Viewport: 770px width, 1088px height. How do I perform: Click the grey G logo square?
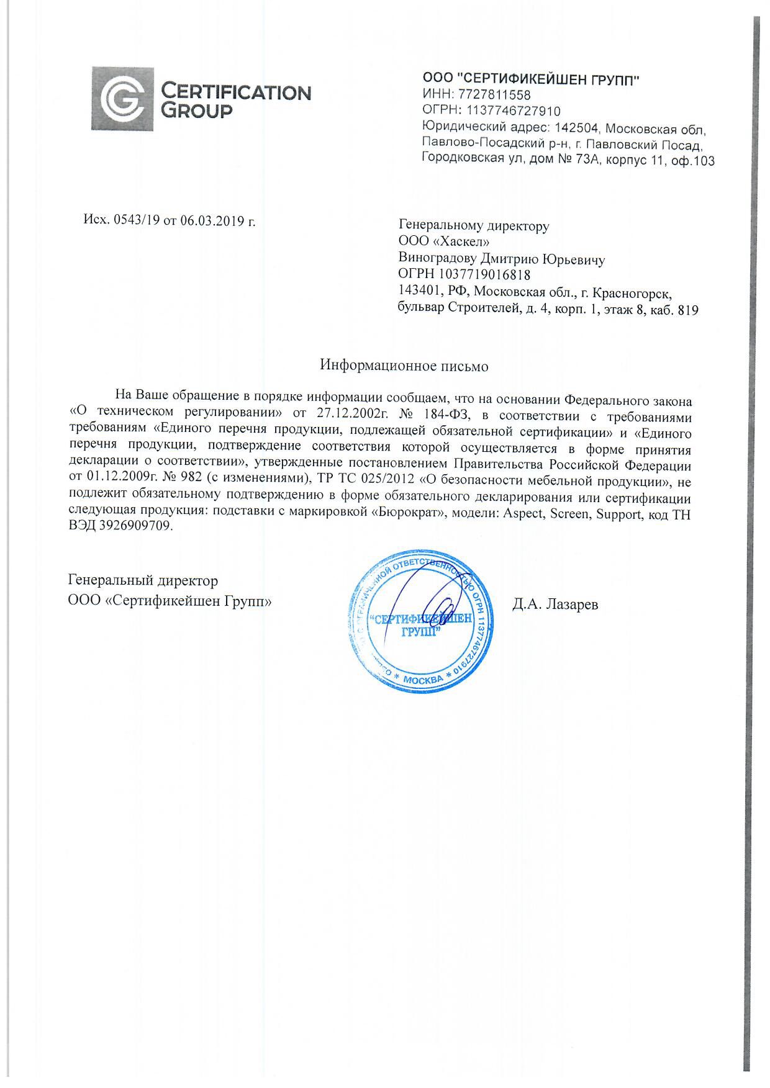point(122,98)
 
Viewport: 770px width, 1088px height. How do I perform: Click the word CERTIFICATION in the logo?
point(236,92)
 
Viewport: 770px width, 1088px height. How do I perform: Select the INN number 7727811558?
point(494,95)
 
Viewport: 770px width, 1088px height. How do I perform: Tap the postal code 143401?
point(419,292)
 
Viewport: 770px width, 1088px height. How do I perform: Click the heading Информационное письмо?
point(404,366)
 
